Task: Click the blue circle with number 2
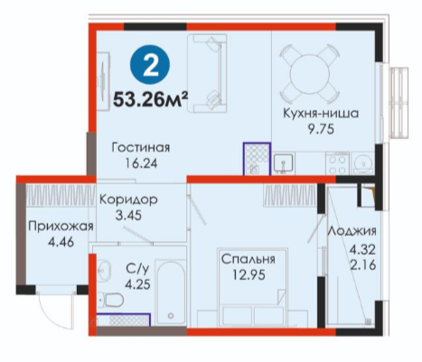pyautogui.click(x=150, y=65)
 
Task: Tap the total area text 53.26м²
pyautogui.click(x=150, y=99)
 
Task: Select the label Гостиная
pyautogui.click(x=141, y=148)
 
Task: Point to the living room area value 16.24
pyautogui.click(x=141, y=163)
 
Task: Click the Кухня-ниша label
pyautogui.click(x=321, y=114)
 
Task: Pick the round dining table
pyautogui.click(x=310, y=73)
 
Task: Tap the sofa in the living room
pyautogui.click(x=207, y=73)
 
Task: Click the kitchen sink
pyautogui.click(x=285, y=163)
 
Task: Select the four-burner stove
pyautogui.click(x=337, y=163)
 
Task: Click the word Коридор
pyautogui.click(x=128, y=200)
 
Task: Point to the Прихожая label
pyautogui.click(x=61, y=226)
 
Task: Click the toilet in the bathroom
pyautogui.click(x=111, y=300)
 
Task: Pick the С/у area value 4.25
pyautogui.click(x=138, y=284)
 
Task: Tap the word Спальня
pyautogui.click(x=249, y=259)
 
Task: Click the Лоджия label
pyautogui.click(x=352, y=231)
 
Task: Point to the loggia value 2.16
pyautogui.click(x=363, y=265)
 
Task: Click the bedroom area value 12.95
pyautogui.click(x=249, y=274)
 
